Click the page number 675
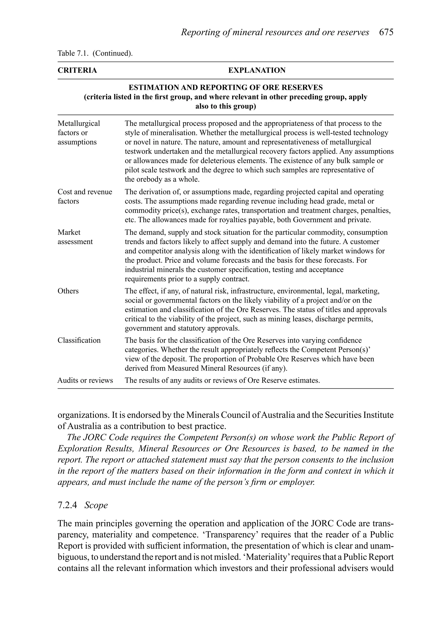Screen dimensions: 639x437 tap(386, 32)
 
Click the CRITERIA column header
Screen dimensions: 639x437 tap(77, 70)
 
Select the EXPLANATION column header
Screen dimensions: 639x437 tap(257, 70)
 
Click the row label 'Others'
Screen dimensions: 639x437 tap(68, 291)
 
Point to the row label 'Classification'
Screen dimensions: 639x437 tap(79, 340)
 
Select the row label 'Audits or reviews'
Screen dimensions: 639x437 tap(85, 380)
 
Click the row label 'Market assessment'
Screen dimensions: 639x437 tap(75, 237)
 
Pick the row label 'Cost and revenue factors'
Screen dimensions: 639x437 tap(85, 197)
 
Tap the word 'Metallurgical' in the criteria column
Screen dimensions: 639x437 tap(79, 123)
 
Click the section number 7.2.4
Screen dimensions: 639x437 tap(67, 505)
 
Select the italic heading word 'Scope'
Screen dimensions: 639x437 tap(96, 505)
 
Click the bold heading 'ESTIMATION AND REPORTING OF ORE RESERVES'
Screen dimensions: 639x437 tap(226, 88)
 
